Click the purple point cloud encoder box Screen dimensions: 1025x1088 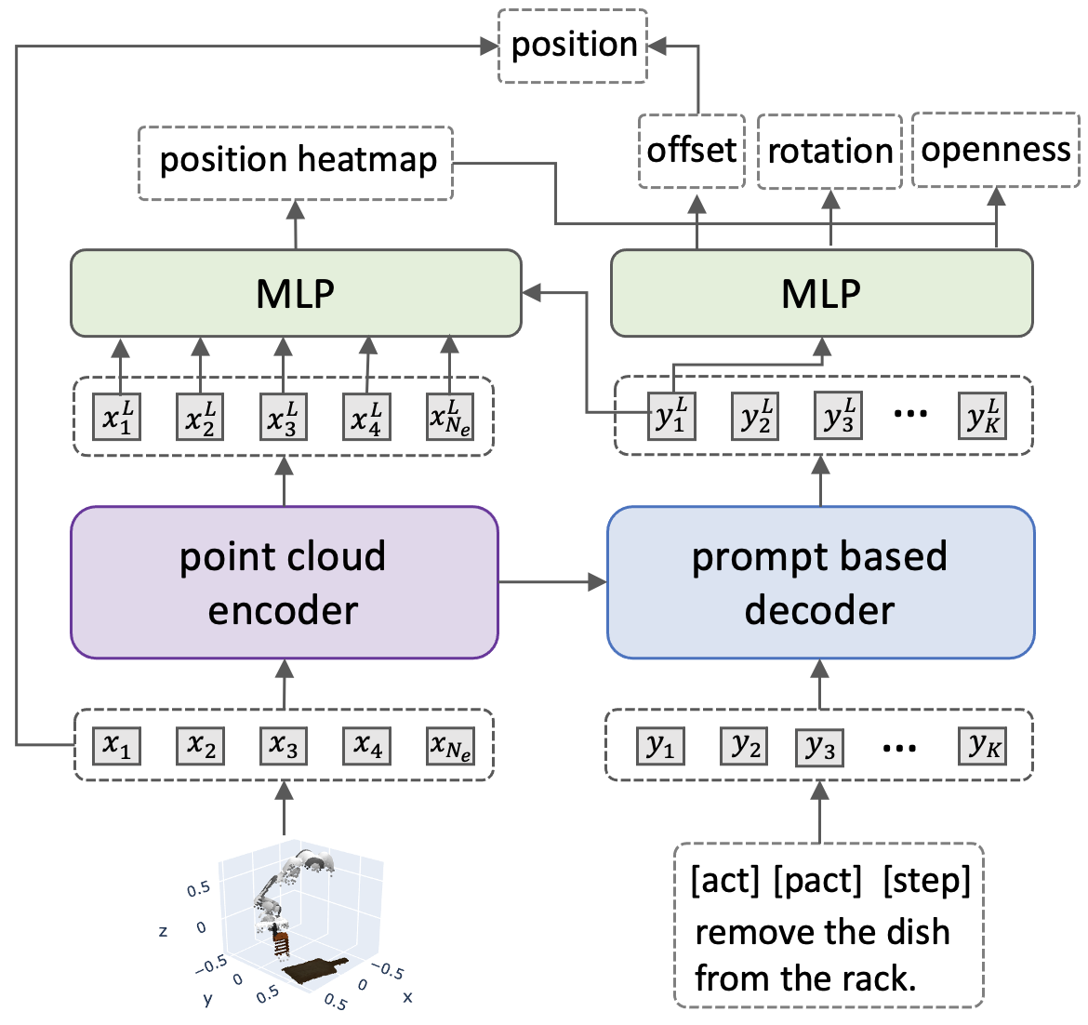click(284, 582)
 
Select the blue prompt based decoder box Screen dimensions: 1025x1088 click(820, 582)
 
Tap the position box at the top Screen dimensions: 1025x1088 click(573, 45)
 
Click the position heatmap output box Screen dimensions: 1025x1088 click(296, 162)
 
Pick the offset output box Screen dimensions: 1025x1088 click(692, 150)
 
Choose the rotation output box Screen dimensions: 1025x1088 click(829, 151)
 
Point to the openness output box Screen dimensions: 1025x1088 click(995, 150)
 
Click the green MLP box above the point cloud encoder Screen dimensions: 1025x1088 click(296, 293)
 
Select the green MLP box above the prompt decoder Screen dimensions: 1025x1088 click(820, 293)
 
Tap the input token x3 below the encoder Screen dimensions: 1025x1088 click(284, 746)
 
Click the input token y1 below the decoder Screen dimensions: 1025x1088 click(661, 746)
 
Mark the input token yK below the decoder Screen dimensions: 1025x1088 click(984, 746)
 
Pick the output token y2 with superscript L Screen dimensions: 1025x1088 click(754, 416)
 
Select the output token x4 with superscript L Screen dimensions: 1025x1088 click(366, 417)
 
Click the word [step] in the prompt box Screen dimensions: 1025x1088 click(926, 879)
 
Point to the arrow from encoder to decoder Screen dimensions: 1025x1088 click(552, 583)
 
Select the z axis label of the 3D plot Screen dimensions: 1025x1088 click(164, 930)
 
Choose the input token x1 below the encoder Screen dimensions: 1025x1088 click(117, 746)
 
